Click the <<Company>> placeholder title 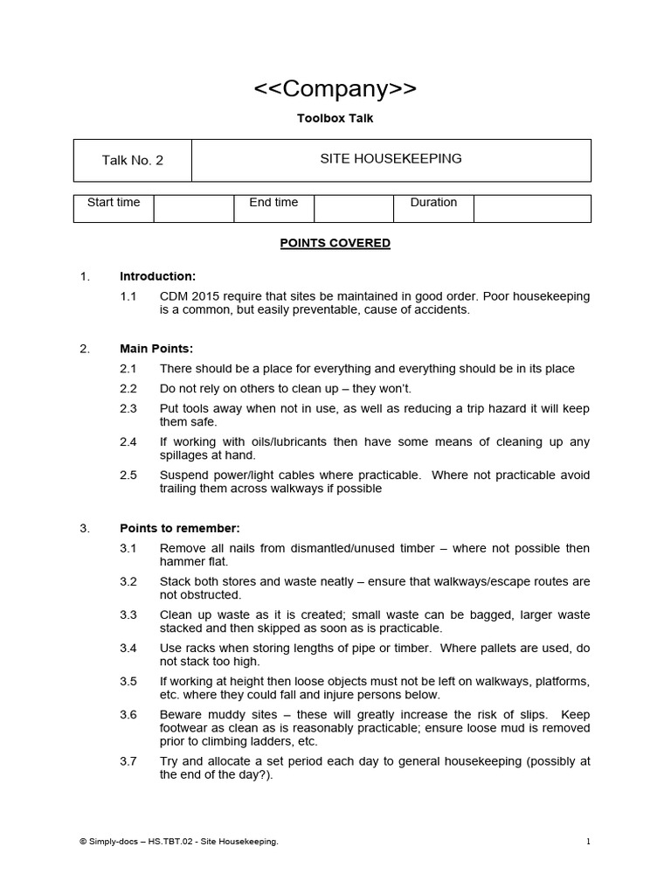pos(335,88)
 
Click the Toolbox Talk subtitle pos(335,118)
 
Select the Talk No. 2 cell pos(132,160)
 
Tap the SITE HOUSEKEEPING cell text pos(391,159)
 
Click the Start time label pos(114,203)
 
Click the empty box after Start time pos(193,208)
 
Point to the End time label pos(273,203)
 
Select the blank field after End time pos(353,208)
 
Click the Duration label pos(433,203)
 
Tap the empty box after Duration pos(532,208)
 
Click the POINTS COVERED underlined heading pos(335,244)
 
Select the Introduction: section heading pos(157,277)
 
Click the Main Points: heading pos(156,349)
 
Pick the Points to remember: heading pos(179,529)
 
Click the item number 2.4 pos(128,442)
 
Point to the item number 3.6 pos(128,715)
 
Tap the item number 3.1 pos(128,549)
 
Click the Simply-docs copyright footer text pos(178,842)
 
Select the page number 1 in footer pos(588,842)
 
